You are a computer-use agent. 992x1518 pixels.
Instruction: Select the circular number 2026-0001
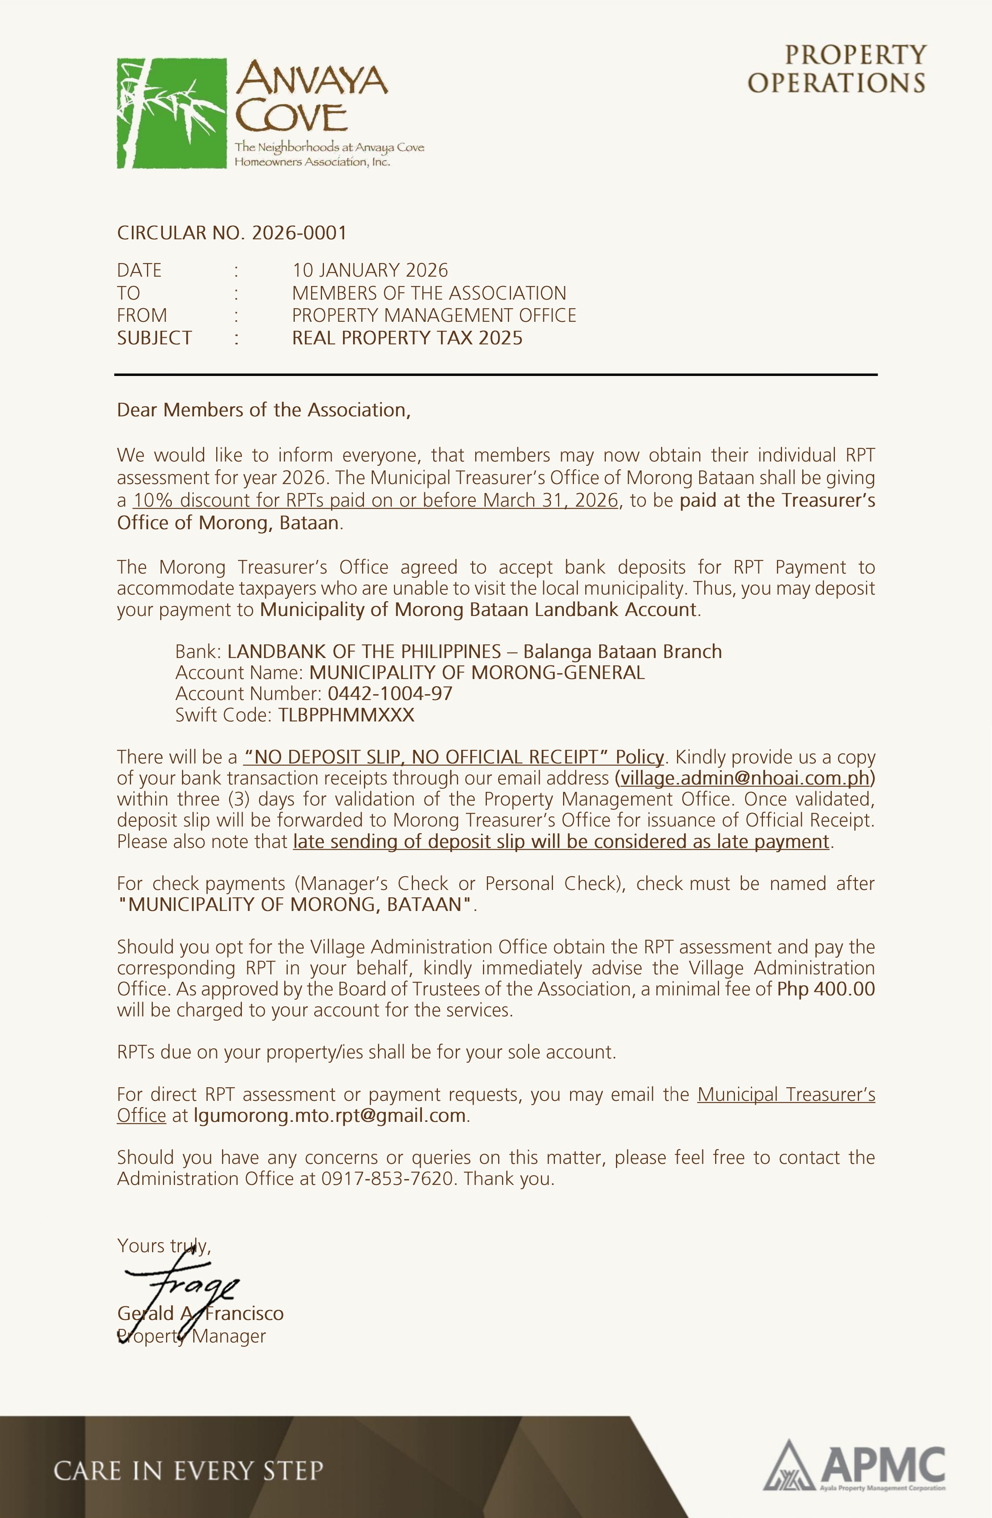(299, 233)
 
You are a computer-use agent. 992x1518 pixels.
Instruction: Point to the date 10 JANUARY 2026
(370, 270)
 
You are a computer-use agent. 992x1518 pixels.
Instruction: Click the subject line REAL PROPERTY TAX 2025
(407, 338)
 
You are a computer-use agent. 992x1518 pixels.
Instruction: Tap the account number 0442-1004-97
(390, 693)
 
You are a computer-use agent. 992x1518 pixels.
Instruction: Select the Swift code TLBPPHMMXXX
(346, 715)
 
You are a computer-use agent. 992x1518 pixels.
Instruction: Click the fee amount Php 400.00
(826, 989)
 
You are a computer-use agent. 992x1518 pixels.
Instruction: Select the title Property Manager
(191, 1336)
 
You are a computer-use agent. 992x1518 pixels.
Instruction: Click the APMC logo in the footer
(854, 1467)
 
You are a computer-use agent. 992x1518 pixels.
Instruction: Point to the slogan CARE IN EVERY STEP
(188, 1471)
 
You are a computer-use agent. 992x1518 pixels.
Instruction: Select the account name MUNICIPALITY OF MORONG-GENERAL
(477, 673)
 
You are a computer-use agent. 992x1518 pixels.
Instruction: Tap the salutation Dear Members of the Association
(263, 410)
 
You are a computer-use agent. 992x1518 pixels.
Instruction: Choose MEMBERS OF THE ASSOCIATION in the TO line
(429, 293)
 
